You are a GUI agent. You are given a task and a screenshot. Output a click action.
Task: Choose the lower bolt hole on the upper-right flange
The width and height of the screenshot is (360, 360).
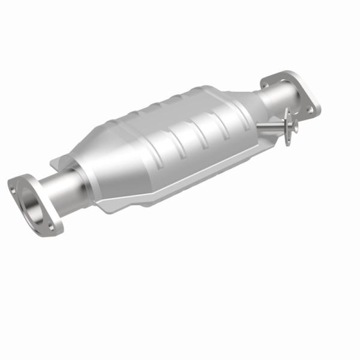[x=310, y=111]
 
